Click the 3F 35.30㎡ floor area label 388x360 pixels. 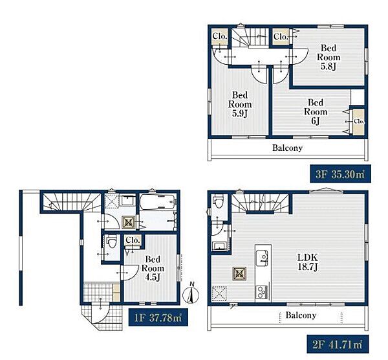pyautogui.click(x=340, y=174)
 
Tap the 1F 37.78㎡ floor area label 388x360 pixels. pyautogui.click(x=158, y=317)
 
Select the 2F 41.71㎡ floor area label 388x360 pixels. pyautogui.click(x=338, y=344)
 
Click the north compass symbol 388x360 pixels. pyautogui.click(x=191, y=293)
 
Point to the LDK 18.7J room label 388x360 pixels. pyautogui.click(x=308, y=262)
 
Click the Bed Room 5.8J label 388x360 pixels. pyautogui.click(x=329, y=57)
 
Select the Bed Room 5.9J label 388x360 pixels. pyautogui.click(x=240, y=104)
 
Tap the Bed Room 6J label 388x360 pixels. pyautogui.click(x=316, y=112)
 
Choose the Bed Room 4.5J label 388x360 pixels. pyautogui.click(x=153, y=268)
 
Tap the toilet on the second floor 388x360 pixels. pyautogui.click(x=219, y=201)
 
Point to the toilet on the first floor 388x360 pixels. pyautogui.click(x=112, y=242)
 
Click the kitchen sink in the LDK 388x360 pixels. pyautogui.click(x=262, y=258)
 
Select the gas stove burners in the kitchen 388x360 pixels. pyautogui.click(x=262, y=293)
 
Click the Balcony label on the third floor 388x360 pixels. pyautogui.click(x=287, y=148)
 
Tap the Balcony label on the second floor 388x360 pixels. pyautogui.click(x=301, y=315)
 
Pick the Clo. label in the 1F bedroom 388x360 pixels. pyautogui.click(x=133, y=240)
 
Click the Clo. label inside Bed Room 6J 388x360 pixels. pyautogui.click(x=359, y=122)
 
